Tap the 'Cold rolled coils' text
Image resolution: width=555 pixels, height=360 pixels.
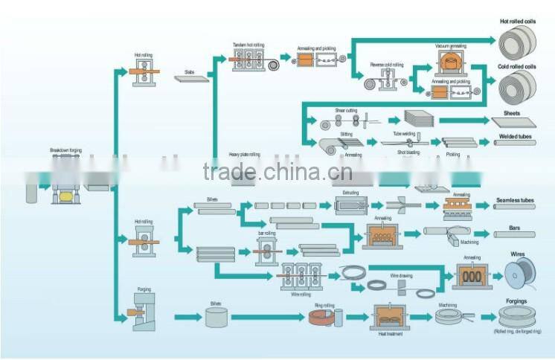516,67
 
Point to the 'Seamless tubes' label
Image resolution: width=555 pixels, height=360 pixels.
516,200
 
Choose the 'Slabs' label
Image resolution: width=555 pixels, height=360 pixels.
190,72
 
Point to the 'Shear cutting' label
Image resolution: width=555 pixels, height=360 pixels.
346,109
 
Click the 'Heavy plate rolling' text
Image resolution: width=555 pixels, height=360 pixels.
243,155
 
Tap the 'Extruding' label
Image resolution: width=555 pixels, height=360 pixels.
350,192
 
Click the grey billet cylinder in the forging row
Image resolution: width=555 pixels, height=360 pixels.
216,318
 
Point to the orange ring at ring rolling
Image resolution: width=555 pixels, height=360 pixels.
321,318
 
